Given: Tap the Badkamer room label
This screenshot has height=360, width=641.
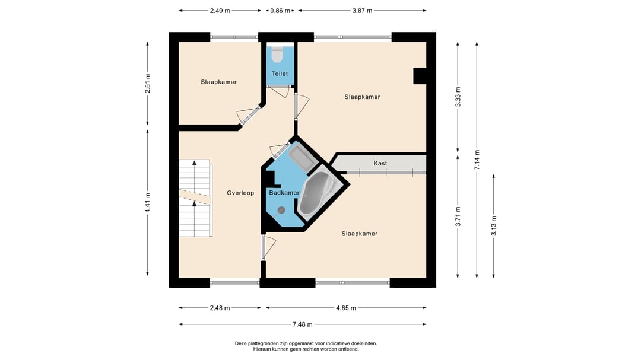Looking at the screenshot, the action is pyautogui.click(x=284, y=193).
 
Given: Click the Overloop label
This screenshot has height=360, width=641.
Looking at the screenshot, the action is pyautogui.click(x=240, y=193).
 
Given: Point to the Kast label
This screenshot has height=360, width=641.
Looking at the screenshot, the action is pyautogui.click(x=380, y=164).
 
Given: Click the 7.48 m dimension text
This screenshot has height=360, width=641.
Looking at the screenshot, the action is pyautogui.click(x=303, y=324).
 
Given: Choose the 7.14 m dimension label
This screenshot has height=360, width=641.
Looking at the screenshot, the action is pyautogui.click(x=477, y=160).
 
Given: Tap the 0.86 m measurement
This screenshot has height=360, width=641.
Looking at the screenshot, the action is pyautogui.click(x=280, y=11).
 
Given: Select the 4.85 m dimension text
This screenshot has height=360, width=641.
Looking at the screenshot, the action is pyautogui.click(x=346, y=308).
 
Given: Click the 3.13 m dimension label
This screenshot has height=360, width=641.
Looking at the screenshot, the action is pyautogui.click(x=494, y=225).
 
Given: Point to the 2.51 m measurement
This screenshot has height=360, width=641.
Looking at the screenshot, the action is pyautogui.click(x=148, y=84).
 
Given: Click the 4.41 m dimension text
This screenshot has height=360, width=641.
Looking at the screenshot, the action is pyautogui.click(x=148, y=203).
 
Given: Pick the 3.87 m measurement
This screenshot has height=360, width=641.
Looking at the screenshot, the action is pyautogui.click(x=362, y=11).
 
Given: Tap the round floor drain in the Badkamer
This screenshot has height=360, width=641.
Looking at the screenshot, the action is pyautogui.click(x=281, y=210).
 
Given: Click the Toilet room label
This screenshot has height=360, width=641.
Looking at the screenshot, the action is pyautogui.click(x=280, y=74).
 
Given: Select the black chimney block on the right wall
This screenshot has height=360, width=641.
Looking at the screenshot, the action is pyautogui.click(x=420, y=76).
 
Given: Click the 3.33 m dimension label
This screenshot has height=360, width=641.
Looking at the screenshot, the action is pyautogui.click(x=458, y=97).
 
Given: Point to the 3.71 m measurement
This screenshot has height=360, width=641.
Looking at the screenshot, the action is pyautogui.click(x=458, y=216).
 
